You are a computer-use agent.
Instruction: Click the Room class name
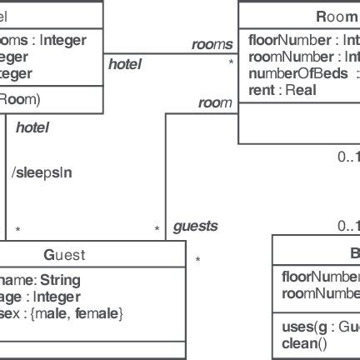point(337,17)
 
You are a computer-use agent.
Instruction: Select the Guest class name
point(64,255)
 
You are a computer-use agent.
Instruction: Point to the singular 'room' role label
point(215,102)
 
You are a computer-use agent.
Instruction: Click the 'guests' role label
point(195,226)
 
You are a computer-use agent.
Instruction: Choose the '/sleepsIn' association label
point(42,172)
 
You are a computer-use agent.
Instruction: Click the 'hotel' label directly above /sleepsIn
point(32,127)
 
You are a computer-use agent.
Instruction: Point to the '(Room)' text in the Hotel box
point(18,98)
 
